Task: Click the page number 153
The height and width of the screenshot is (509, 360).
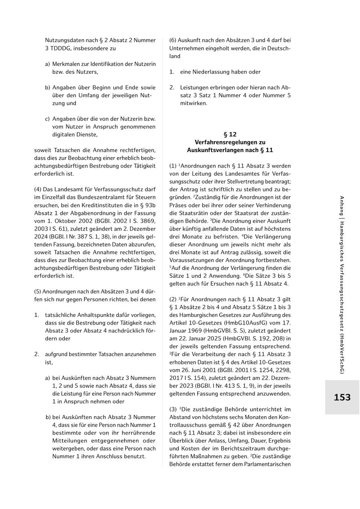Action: (342, 397)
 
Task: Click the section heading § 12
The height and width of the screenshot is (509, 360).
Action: (230, 134)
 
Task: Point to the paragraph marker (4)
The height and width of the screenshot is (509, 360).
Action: (38, 190)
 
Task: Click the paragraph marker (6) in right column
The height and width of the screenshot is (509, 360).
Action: (173, 40)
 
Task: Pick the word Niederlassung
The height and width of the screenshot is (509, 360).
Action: (210, 72)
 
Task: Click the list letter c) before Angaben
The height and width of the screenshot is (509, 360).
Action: (48, 119)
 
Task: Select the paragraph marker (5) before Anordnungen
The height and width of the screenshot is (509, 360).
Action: (38, 292)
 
